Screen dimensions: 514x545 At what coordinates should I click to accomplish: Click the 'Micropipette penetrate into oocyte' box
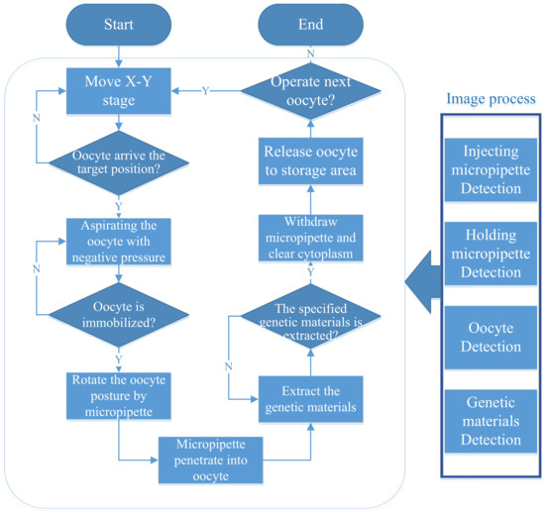tap(210, 459)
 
